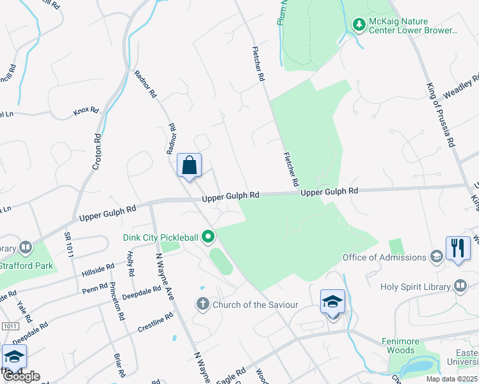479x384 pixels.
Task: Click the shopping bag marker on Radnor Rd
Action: pyautogui.click(x=190, y=165)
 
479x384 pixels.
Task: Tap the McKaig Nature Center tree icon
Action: pyautogui.click(x=359, y=25)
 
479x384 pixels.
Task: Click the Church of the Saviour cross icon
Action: pyautogui.click(x=203, y=304)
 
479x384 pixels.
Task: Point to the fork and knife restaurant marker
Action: pyautogui.click(x=457, y=248)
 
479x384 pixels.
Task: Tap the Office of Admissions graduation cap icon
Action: pyautogui.click(x=437, y=257)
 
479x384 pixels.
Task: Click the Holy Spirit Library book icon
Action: pyautogui.click(x=460, y=286)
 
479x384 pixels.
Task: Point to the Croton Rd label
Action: pyautogui.click(x=97, y=151)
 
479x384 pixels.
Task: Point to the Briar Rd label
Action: pyautogui.click(x=118, y=365)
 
